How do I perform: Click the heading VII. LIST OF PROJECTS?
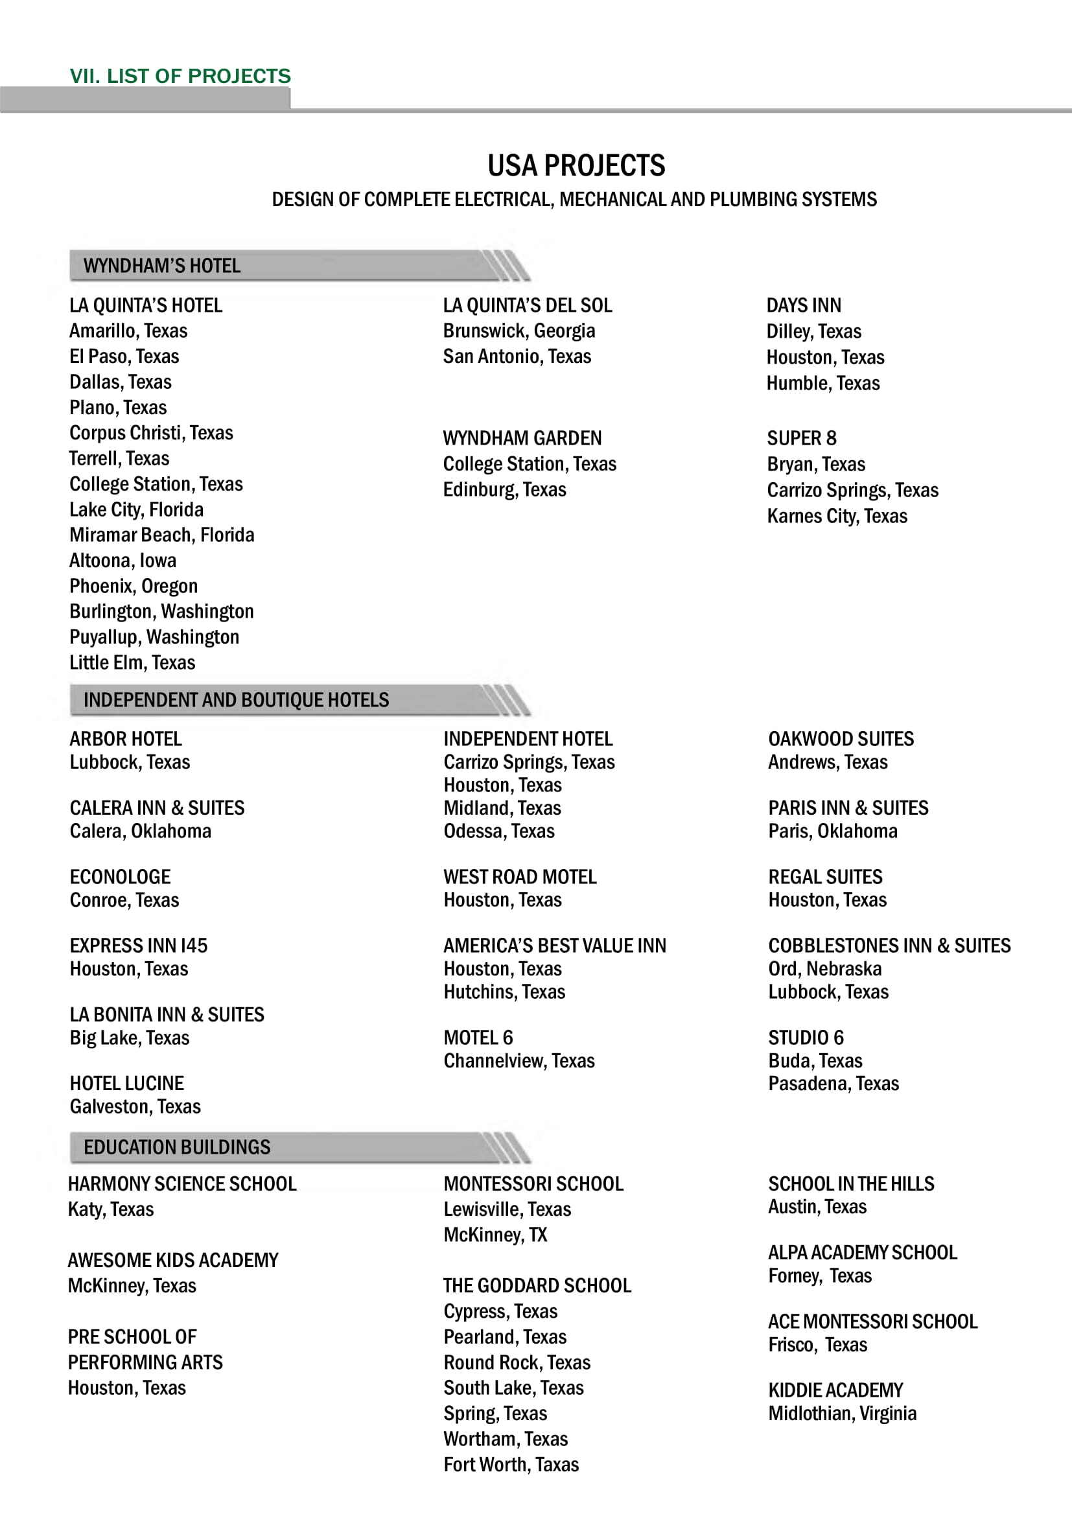180,76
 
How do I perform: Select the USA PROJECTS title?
576,166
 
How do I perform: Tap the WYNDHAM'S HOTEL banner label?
162,266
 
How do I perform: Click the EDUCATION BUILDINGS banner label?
177,1147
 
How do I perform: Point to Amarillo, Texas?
128,331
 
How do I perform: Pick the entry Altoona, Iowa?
122,561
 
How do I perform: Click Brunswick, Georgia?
519,331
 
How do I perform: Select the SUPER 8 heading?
801,438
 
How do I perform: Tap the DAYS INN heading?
803,306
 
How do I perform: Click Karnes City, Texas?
837,517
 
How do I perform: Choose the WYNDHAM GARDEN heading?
522,438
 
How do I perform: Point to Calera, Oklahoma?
141,832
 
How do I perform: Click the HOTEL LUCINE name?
127,1084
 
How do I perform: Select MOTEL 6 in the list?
478,1038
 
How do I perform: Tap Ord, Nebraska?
824,969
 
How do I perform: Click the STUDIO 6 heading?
806,1038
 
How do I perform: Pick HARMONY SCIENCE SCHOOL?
182,1184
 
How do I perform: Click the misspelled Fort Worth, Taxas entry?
511,1465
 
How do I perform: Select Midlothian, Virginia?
843,1414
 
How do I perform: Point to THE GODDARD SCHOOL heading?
537,1285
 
